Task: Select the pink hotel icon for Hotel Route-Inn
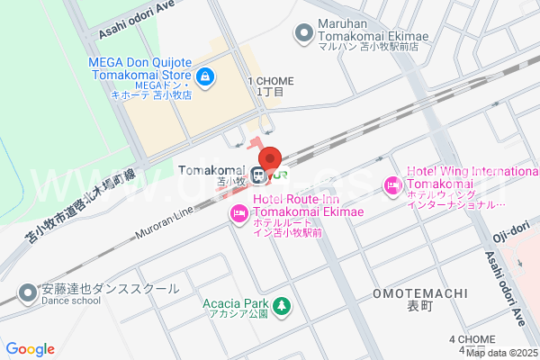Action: pyautogui.click(x=239, y=213)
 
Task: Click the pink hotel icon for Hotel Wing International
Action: pyautogui.click(x=393, y=186)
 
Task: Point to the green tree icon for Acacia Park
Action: pyautogui.click(x=282, y=307)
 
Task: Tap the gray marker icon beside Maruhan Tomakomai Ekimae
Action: pyautogui.click(x=303, y=35)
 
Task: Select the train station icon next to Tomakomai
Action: pyautogui.click(x=259, y=175)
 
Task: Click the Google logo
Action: pyautogui.click(x=30, y=349)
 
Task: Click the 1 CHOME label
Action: pyautogui.click(x=270, y=80)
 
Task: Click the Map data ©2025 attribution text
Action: pyautogui.click(x=502, y=352)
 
